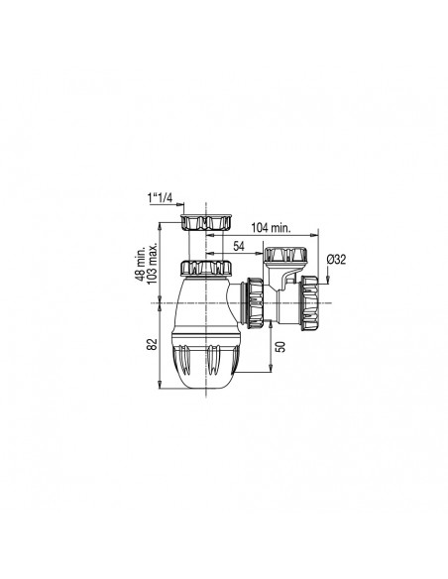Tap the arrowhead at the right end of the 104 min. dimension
click(x=314, y=235)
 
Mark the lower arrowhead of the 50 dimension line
click(x=269, y=372)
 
